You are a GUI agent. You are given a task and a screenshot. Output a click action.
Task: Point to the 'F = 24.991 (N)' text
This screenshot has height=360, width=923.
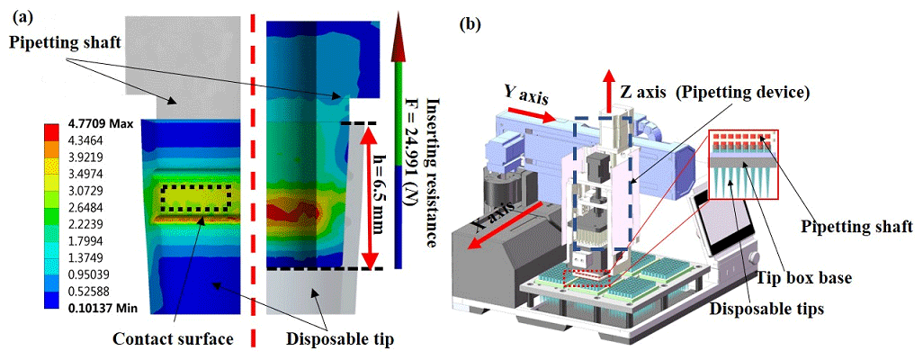413,172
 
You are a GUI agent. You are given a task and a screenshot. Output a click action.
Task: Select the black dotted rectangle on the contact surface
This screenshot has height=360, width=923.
196,198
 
